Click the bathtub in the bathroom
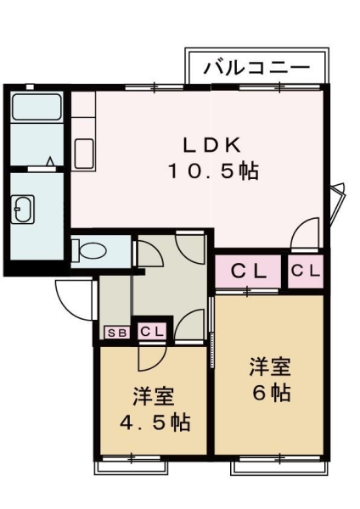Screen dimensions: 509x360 click(x=36, y=108)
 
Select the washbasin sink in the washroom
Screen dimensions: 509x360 click(x=23, y=209)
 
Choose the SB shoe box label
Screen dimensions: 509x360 click(x=116, y=332)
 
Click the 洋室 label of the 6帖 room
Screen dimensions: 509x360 click(x=270, y=367)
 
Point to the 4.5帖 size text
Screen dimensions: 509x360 click(x=154, y=422)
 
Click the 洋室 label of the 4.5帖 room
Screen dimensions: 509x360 click(x=154, y=396)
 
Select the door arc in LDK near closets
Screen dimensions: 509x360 click(x=306, y=232)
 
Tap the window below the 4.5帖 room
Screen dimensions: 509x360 click(x=132, y=462)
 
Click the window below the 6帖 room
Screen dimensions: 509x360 click(x=278, y=463)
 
